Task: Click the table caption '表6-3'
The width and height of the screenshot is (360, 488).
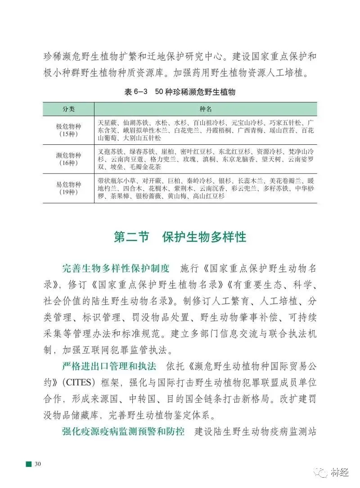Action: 136,92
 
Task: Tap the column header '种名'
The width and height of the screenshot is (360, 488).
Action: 206,109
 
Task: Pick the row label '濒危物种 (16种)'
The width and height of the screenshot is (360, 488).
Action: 68,159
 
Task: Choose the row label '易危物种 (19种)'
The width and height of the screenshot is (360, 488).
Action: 68,188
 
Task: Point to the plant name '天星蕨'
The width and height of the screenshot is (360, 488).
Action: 107,123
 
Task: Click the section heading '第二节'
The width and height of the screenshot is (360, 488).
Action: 131,237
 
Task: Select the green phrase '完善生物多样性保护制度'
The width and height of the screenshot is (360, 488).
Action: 116,269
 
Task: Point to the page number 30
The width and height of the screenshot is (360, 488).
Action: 38,464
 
